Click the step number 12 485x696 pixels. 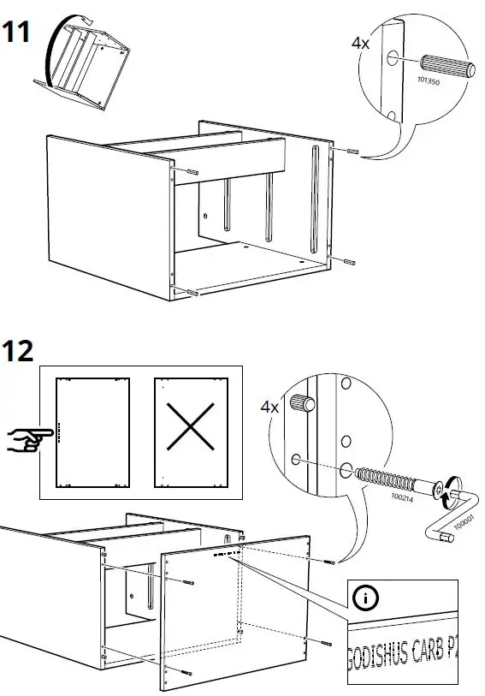[18, 350]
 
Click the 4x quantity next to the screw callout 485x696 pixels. [269, 407]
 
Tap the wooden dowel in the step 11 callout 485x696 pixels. [446, 66]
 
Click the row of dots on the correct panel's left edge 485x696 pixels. [58, 432]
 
